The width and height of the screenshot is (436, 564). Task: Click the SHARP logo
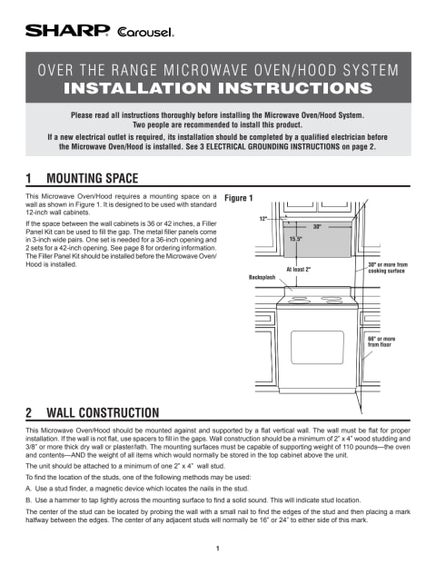tap(67, 31)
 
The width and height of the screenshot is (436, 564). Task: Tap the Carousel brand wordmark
tap(145, 32)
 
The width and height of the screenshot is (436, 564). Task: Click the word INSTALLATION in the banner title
tap(137, 88)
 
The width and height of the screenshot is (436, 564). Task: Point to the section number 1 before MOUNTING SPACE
tap(28, 178)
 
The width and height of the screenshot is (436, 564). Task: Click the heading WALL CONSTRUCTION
tap(103, 412)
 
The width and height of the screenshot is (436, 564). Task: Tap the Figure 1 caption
tap(239, 198)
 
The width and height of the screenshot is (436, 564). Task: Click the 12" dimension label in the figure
tap(263, 218)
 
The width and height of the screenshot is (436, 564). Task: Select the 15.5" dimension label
tap(295, 239)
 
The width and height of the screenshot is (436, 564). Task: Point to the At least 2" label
tap(299, 269)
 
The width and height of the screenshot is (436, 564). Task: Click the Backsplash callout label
tap(262, 277)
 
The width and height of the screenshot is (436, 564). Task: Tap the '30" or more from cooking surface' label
tap(388, 268)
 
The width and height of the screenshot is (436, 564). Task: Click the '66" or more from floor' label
tap(381, 341)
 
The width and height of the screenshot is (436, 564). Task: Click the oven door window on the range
tap(317, 347)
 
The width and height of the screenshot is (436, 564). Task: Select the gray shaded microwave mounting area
tap(317, 239)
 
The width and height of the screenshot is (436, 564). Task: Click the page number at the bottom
tap(218, 549)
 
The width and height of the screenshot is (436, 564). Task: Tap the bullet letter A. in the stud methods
tap(28, 489)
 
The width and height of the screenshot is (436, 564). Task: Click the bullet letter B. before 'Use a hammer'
tap(28, 500)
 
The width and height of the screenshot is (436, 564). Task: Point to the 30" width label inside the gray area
tap(317, 227)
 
